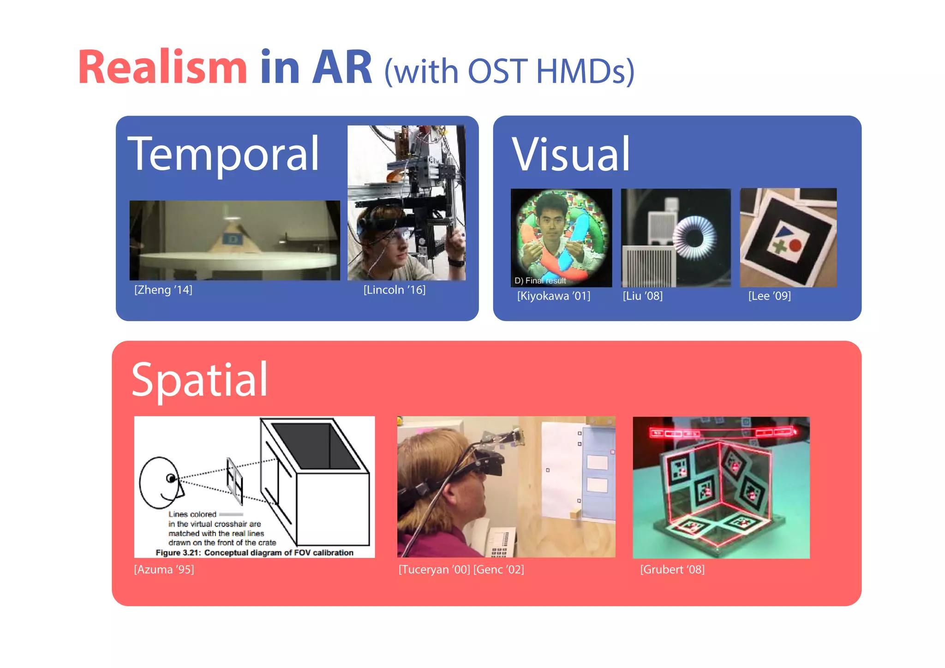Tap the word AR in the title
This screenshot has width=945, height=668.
[342, 67]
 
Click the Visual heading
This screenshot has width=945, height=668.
[571, 155]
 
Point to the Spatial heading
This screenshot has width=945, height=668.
[200, 380]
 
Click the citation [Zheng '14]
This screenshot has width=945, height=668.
[163, 290]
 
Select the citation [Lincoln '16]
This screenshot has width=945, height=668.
[395, 290]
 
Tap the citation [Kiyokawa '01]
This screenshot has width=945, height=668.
[554, 296]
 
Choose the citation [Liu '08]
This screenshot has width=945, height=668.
[643, 296]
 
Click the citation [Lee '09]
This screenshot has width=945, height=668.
[769, 296]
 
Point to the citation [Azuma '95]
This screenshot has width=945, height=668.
[164, 569]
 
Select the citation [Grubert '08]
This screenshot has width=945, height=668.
[672, 569]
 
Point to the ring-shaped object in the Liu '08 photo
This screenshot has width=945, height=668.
[694, 238]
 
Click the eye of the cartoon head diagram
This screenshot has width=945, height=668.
[171, 478]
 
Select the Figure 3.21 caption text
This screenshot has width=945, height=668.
[254, 553]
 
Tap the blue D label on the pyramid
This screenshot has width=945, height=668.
[232, 239]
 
